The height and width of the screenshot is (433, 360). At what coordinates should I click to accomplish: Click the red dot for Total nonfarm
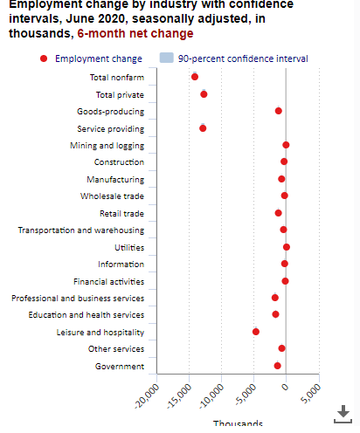coord(195,77)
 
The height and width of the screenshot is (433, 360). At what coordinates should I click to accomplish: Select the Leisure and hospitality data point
coord(256,332)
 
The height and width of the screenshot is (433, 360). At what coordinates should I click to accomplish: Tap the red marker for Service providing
coord(203,128)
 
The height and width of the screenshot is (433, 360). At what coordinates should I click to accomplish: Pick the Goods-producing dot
coord(279,111)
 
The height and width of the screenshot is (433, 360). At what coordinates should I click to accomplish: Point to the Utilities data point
coord(287,247)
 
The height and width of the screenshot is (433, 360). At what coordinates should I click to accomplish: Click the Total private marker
coord(204,94)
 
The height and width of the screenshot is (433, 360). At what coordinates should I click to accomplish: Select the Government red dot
coord(278,366)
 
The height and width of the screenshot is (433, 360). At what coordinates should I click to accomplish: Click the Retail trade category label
coord(122,213)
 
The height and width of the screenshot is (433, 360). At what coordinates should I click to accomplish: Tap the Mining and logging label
coord(107,145)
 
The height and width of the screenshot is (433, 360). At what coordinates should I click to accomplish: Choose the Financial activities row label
coord(109,281)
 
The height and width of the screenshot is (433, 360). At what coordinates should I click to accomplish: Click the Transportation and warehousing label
coord(81,230)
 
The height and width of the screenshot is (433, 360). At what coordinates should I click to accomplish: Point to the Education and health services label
coord(87,314)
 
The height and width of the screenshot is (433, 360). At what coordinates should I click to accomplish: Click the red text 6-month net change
coord(135,33)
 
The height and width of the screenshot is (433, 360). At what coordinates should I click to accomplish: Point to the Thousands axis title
coord(238,425)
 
